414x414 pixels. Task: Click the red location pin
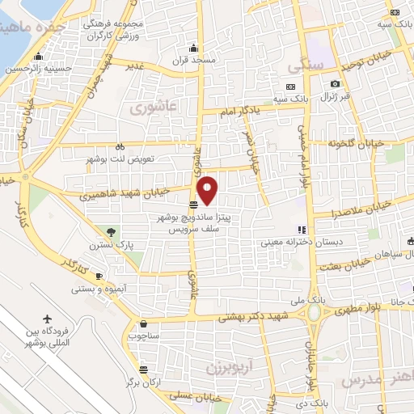tap(208, 190)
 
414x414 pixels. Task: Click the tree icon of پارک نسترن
tap(111, 233)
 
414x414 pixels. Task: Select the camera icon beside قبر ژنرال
tap(336, 84)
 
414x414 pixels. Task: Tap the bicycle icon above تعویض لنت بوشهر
tap(120, 147)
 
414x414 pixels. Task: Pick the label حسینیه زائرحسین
tap(39, 69)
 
